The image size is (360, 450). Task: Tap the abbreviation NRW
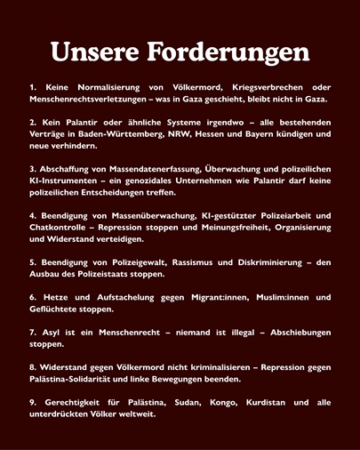[x=197, y=133]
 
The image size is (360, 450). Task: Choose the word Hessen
[x=234, y=133]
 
